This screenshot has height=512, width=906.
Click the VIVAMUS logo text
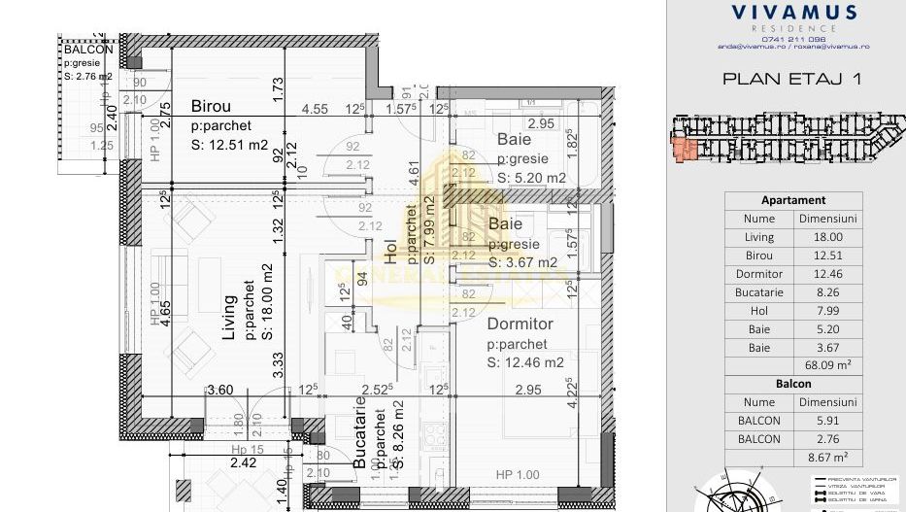(793, 13)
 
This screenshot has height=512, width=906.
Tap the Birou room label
(211, 106)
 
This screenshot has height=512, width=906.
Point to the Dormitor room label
(520, 324)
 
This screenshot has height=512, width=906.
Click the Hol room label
(390, 253)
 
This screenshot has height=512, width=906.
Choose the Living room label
(231, 318)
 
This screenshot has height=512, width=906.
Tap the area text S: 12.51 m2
(231, 146)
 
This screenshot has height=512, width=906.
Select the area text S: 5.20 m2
(531, 178)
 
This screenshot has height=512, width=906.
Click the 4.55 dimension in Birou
(314, 110)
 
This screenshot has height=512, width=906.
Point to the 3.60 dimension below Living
(220, 390)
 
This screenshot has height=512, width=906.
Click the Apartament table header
(793, 200)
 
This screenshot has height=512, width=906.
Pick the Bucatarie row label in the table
(759, 292)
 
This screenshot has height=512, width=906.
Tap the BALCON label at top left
(87, 50)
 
